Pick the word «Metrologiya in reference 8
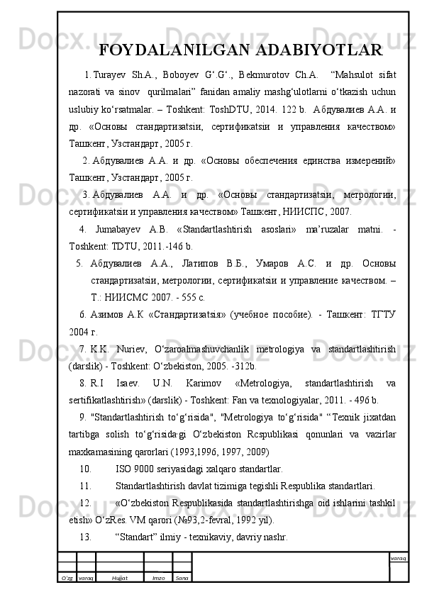[x=260, y=382]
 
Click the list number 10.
[x=85, y=469]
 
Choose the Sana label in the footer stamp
[x=181, y=579]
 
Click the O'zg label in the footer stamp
[x=67, y=579]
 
